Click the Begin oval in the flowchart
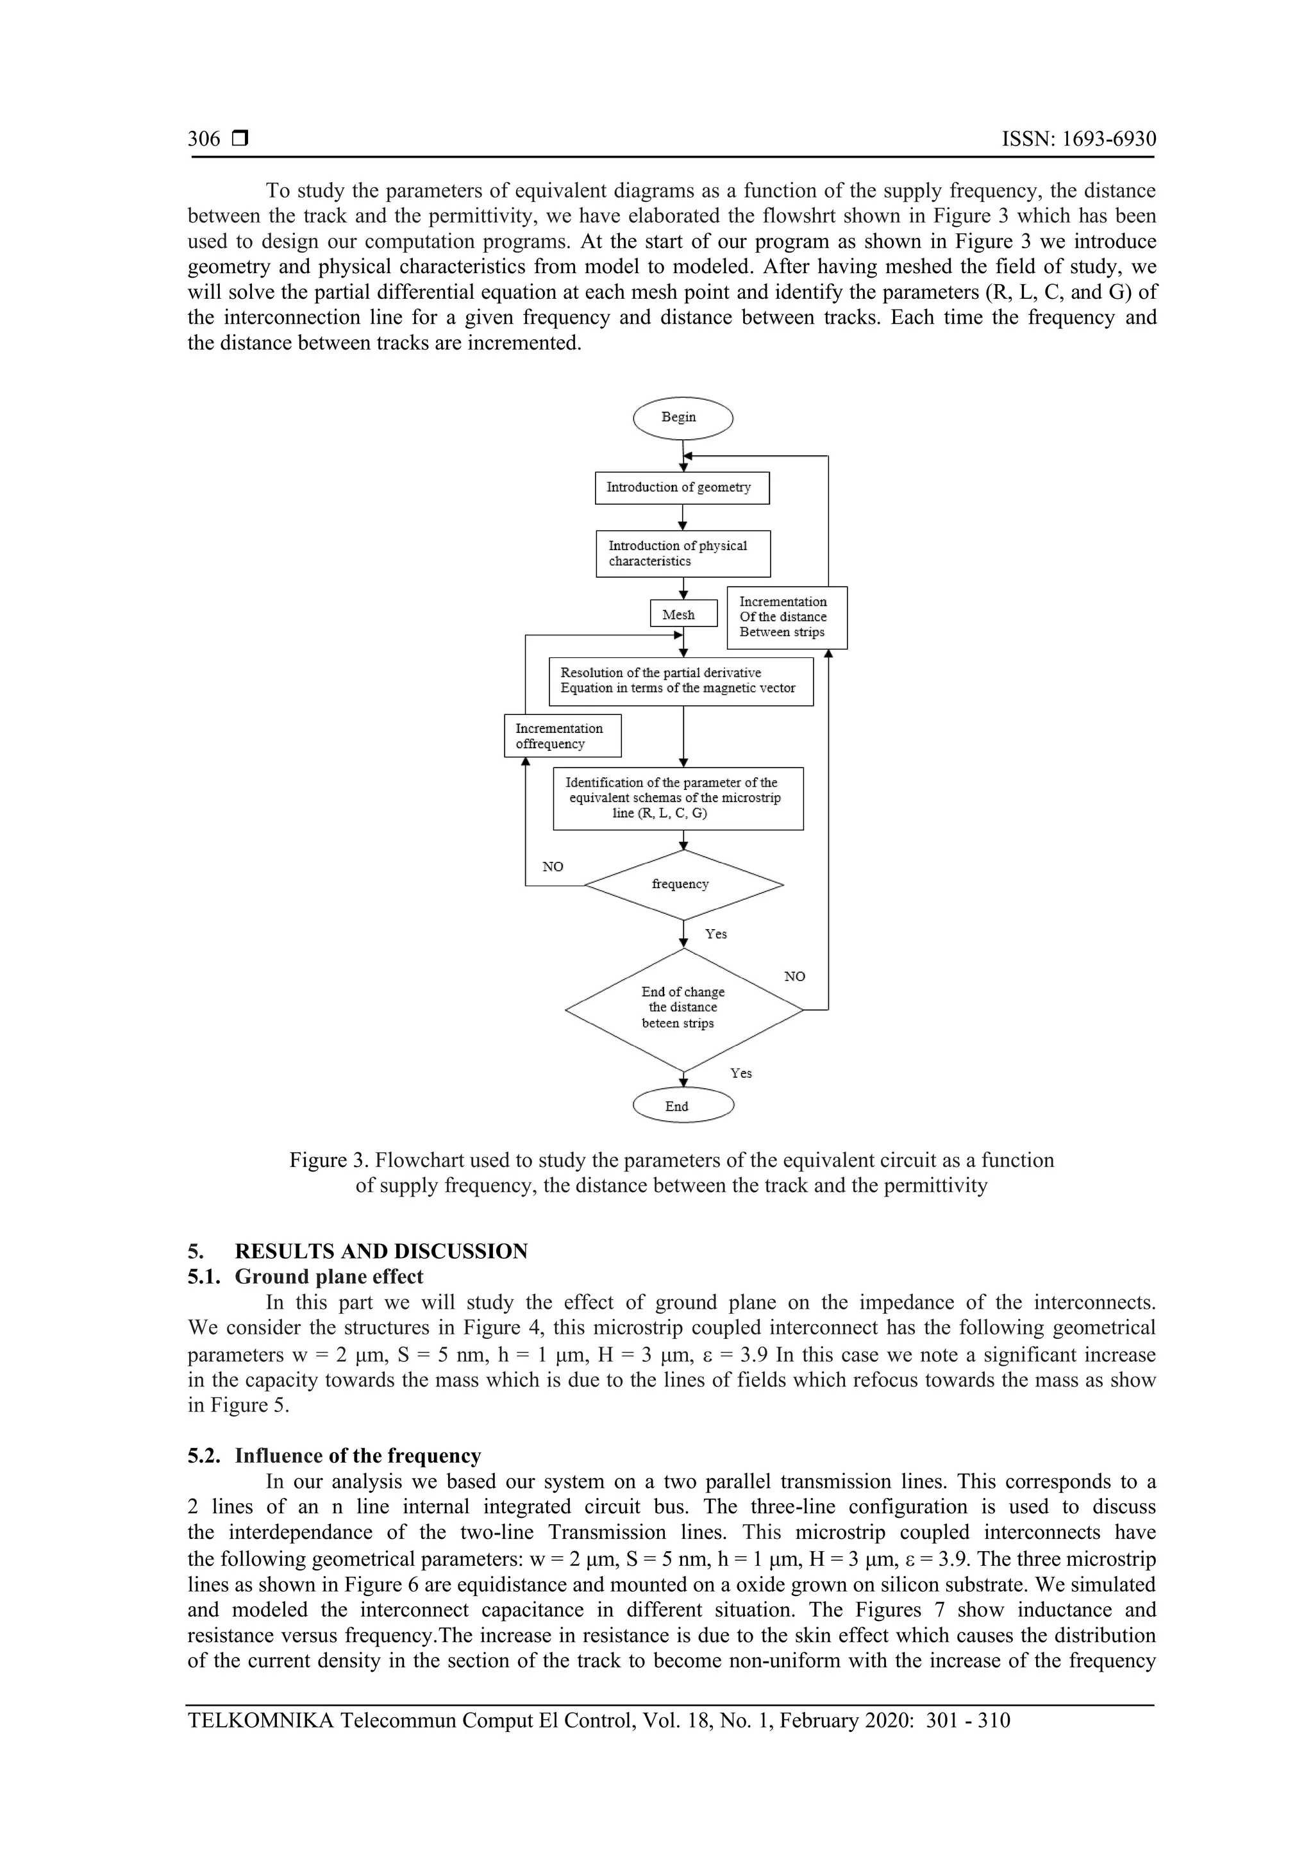[x=682, y=418]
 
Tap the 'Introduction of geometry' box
[x=682, y=488]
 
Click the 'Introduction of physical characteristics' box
[x=682, y=553]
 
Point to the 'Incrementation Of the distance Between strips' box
[x=787, y=617]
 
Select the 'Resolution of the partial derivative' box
[x=680, y=681]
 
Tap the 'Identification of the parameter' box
[x=678, y=798]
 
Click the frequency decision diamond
[x=683, y=884]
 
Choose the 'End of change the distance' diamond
[x=683, y=1009]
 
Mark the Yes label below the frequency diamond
[x=715, y=934]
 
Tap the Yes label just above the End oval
[x=740, y=1073]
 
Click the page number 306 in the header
[x=204, y=139]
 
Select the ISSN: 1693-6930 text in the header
[x=1078, y=139]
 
